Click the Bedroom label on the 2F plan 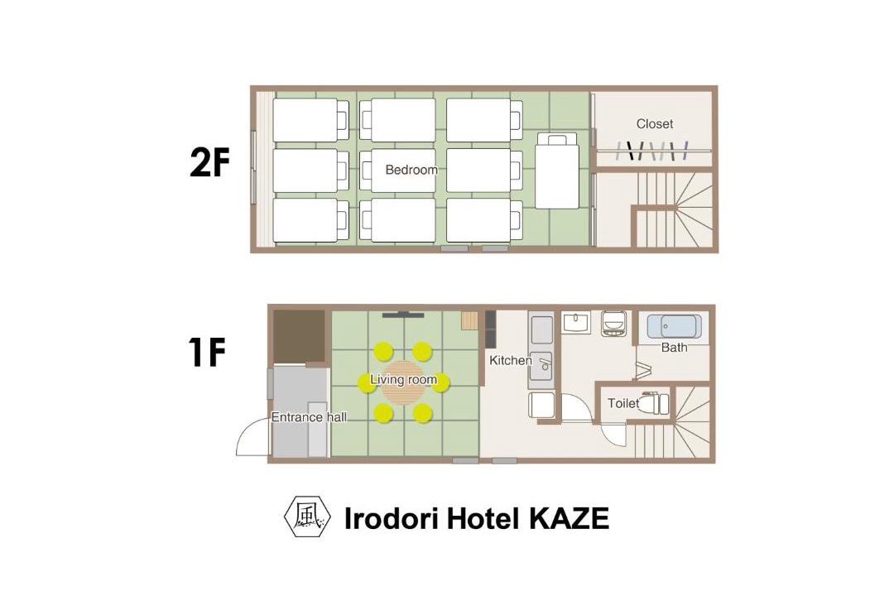pyautogui.click(x=411, y=170)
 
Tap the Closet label pyautogui.click(x=655, y=124)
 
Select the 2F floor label pyautogui.click(x=209, y=164)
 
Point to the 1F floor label pyautogui.click(x=207, y=353)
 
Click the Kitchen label pyautogui.click(x=510, y=360)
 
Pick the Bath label pyautogui.click(x=674, y=348)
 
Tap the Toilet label pyautogui.click(x=623, y=403)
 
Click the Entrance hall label pyautogui.click(x=309, y=417)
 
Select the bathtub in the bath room pyautogui.click(x=674, y=327)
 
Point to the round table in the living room pyautogui.click(x=404, y=382)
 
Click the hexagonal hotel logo pyautogui.click(x=307, y=517)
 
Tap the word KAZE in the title pyautogui.click(x=570, y=518)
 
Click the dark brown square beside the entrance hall pyautogui.click(x=300, y=337)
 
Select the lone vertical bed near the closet pyautogui.click(x=557, y=171)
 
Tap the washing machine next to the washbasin pyautogui.click(x=614, y=324)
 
